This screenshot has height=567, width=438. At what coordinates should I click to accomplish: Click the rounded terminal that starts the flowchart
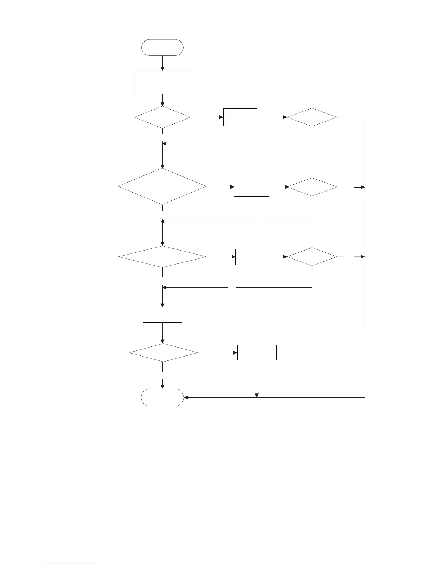[162, 48]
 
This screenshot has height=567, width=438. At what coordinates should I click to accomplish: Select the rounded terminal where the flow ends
[162, 397]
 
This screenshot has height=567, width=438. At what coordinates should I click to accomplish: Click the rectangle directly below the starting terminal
[162, 82]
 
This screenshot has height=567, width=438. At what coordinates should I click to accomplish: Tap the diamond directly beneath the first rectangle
[162, 117]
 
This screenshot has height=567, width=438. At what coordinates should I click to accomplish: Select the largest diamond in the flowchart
[162, 186]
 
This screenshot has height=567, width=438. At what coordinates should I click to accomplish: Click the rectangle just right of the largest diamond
[252, 187]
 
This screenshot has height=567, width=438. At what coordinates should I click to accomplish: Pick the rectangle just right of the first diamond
[240, 117]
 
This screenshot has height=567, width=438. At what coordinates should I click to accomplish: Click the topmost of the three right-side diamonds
[312, 117]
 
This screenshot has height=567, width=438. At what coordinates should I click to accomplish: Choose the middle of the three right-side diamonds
[312, 187]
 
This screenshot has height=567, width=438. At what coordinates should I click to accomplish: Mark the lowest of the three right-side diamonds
[312, 257]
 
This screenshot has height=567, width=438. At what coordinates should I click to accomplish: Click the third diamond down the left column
[162, 257]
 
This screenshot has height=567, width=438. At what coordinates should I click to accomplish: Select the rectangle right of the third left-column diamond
[252, 257]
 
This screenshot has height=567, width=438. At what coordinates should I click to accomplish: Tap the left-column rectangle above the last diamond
[162, 315]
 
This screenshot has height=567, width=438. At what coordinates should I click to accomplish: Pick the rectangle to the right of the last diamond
[257, 353]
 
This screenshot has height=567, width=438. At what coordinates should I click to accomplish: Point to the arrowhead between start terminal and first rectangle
[162, 69]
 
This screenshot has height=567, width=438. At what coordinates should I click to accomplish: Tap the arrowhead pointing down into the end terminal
[163, 387]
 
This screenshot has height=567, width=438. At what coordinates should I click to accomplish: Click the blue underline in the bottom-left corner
[71, 564]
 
